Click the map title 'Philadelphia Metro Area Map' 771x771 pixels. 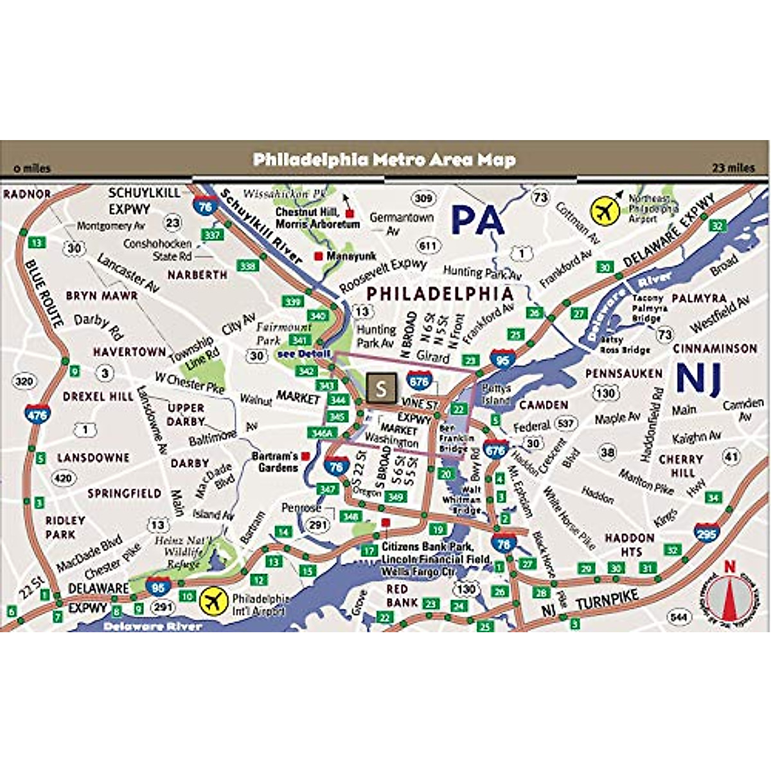click(x=384, y=159)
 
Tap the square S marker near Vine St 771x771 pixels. click(x=381, y=387)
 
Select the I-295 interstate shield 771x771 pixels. click(x=707, y=533)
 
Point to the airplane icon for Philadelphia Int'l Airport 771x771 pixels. click(x=214, y=601)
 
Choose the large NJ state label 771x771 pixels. click(x=699, y=377)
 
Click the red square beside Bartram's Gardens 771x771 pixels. click(x=306, y=456)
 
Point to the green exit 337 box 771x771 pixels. click(x=212, y=235)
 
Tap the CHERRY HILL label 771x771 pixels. click(x=680, y=466)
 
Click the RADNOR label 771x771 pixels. click(x=27, y=193)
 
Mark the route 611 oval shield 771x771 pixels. click(x=428, y=245)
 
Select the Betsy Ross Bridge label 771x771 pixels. click(x=625, y=345)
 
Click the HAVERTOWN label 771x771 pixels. click(x=129, y=352)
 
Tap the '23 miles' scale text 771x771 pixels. click(x=733, y=168)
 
